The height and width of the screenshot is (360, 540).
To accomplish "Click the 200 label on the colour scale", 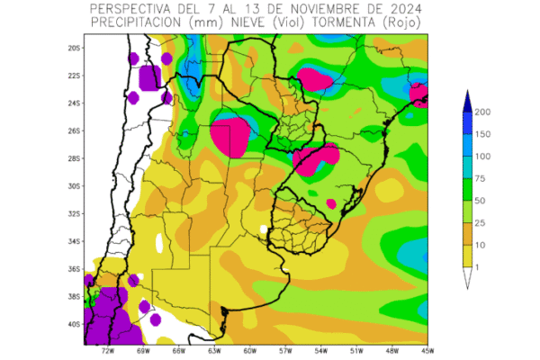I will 483,112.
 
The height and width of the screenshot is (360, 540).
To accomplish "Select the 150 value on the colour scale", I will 483,134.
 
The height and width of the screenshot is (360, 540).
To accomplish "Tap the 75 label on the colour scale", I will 481,178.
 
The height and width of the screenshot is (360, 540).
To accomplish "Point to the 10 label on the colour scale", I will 481,245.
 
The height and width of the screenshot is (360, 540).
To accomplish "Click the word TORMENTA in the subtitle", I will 347,22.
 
